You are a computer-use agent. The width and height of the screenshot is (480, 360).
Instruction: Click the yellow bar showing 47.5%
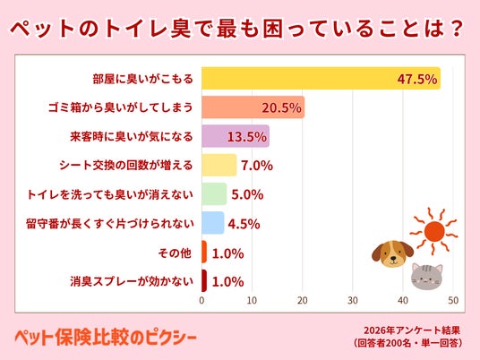(321, 79)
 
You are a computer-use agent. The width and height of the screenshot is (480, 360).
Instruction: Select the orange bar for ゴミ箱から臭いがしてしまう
(253, 107)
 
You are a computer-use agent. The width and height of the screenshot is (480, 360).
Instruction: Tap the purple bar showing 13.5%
(236, 136)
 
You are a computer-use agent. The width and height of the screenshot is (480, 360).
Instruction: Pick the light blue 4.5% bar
(213, 223)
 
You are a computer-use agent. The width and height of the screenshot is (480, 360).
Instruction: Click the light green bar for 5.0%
(214, 193)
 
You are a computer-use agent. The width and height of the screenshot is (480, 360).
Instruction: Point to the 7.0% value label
(257, 166)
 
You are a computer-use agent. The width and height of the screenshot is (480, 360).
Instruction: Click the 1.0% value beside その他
(227, 253)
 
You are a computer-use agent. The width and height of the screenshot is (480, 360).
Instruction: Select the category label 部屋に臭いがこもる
(143, 79)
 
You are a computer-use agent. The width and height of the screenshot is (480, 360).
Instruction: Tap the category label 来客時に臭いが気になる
(132, 136)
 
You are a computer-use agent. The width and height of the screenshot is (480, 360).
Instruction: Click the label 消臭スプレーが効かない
(132, 281)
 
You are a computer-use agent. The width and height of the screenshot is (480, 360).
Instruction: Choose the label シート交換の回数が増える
(126, 166)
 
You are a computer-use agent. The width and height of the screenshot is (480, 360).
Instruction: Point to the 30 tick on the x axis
(353, 300)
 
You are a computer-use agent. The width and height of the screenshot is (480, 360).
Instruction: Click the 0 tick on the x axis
(201, 300)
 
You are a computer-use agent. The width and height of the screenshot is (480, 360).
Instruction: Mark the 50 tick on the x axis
(453, 300)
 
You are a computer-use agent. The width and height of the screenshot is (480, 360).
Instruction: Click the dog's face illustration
(392, 253)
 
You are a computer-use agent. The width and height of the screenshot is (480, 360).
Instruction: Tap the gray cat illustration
(427, 276)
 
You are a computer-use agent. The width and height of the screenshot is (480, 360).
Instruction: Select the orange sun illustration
(433, 231)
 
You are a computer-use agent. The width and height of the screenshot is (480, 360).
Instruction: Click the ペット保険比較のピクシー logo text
(106, 338)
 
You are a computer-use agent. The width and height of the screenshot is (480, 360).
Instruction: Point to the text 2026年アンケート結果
(412, 330)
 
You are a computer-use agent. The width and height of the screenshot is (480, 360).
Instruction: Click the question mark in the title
(456, 29)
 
